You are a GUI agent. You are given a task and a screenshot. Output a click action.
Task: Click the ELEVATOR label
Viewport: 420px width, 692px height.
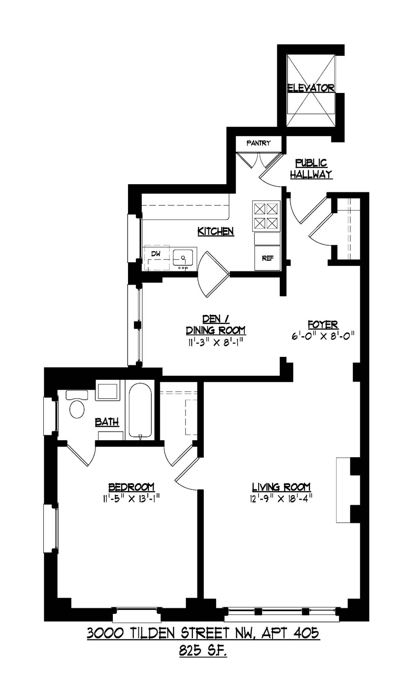click(311, 88)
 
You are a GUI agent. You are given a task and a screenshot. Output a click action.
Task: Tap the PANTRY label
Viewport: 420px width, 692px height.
click(258, 143)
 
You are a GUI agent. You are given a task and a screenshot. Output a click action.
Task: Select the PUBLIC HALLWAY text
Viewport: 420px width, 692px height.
click(311, 169)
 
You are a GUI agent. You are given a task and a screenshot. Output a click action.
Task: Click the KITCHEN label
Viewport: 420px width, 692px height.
click(216, 231)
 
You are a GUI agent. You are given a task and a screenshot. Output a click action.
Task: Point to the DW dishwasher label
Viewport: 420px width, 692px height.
click(156, 253)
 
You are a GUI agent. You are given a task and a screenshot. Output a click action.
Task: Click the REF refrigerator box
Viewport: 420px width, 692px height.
click(267, 258)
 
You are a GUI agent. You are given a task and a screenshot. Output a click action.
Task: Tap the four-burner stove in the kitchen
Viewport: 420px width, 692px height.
click(266, 216)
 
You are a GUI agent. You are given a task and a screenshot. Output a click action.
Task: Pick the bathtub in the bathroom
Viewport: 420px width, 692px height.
click(140, 410)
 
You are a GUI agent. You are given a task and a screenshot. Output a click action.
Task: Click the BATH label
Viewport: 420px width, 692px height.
click(107, 422)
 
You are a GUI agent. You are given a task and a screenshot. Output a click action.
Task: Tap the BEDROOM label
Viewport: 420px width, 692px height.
click(131, 487)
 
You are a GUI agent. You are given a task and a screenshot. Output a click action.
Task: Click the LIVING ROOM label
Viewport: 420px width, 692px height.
click(281, 487)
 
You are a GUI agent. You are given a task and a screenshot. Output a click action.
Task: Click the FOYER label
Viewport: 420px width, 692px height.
click(323, 325)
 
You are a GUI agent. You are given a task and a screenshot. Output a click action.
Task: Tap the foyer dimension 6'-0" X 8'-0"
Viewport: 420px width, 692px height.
click(323, 336)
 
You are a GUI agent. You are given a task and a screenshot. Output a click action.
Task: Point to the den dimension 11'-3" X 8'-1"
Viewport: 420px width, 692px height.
click(215, 342)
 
